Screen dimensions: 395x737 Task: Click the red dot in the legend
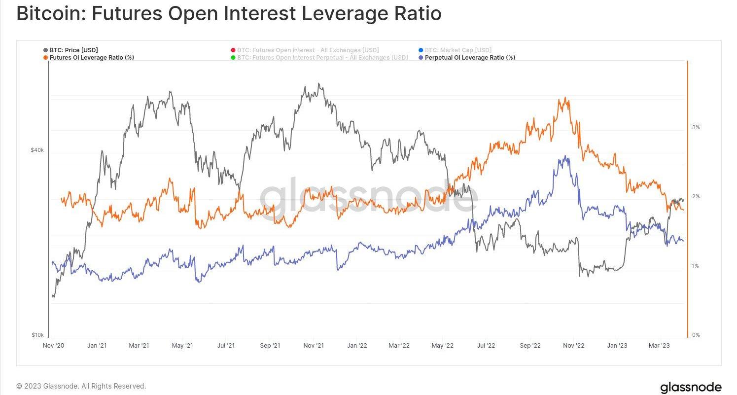233,50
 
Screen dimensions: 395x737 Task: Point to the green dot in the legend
233,58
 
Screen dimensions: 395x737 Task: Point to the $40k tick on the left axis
37,150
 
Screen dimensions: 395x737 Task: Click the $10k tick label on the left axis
37,335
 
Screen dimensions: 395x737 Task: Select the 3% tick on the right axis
696,127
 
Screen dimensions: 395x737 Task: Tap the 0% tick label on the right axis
696,335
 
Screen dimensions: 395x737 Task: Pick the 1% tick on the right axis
696,266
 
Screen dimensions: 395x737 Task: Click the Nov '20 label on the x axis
54,346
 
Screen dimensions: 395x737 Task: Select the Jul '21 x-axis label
226,346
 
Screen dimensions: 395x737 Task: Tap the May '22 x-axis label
442,346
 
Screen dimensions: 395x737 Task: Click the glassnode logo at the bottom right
690,387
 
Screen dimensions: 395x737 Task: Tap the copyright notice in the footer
81,386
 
